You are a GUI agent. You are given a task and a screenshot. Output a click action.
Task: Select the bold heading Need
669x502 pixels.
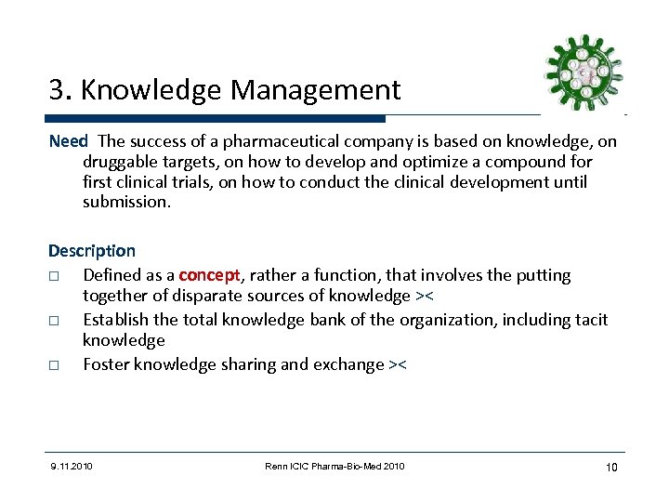coord(69,141)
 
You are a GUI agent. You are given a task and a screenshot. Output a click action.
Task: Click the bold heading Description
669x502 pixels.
coord(92,251)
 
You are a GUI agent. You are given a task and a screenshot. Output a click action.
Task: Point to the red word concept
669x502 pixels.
coord(209,275)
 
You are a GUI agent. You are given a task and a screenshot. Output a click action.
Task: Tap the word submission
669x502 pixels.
coord(126,203)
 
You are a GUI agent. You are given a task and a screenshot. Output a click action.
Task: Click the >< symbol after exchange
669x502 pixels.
coord(397,364)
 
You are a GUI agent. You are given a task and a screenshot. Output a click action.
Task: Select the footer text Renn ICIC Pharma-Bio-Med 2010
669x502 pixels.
coord(334,466)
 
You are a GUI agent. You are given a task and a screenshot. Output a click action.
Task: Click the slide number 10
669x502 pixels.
coord(611,466)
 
